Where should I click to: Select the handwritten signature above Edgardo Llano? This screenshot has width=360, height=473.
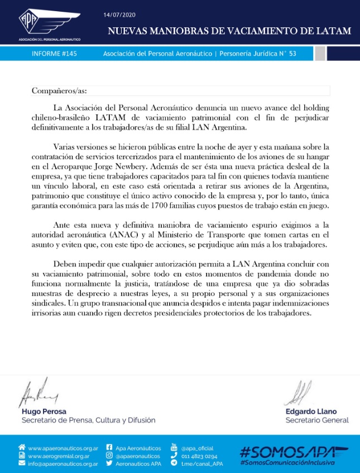tap(299, 394)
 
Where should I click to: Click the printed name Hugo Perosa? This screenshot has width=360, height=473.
tap(42, 412)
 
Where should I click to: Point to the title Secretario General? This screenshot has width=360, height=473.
tap(316, 421)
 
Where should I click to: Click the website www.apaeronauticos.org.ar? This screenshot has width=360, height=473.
tap(63, 448)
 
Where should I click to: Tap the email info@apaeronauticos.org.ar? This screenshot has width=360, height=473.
tap(63, 464)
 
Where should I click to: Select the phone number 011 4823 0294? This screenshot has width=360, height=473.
tap(198, 456)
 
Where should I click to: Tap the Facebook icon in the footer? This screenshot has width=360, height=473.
tap(109, 448)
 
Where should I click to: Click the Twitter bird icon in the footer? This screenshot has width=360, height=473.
tap(109, 464)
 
